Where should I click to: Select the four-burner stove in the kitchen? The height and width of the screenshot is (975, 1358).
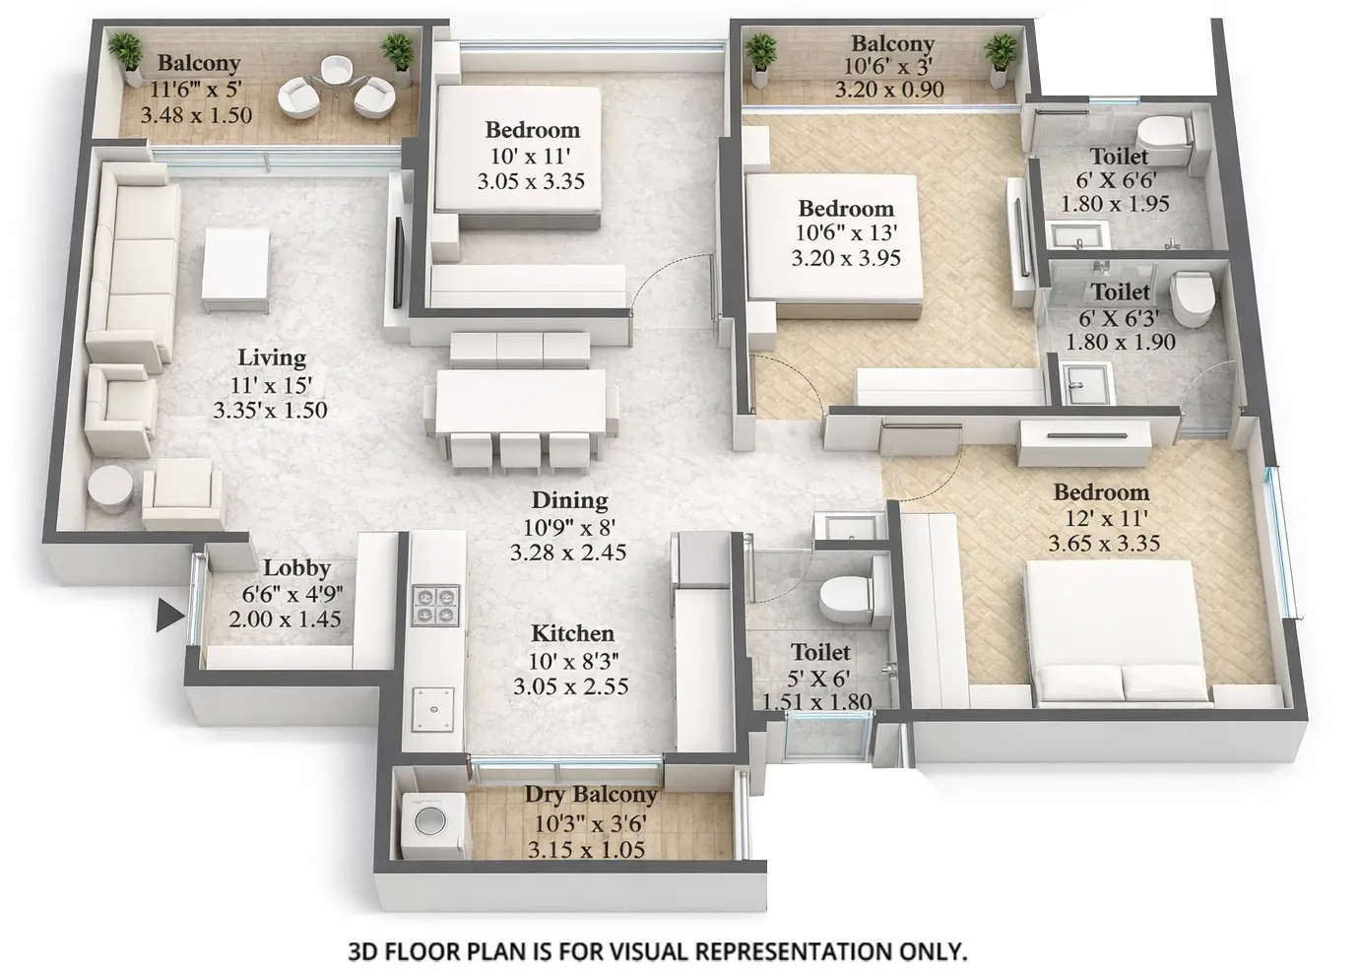click(x=435, y=603)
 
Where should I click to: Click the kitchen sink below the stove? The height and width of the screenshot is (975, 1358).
click(x=434, y=705)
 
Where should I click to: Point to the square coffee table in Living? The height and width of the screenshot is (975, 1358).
click(x=234, y=269)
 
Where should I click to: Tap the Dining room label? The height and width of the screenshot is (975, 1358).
click(x=569, y=500)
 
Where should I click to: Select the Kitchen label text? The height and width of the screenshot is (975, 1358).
click(x=572, y=633)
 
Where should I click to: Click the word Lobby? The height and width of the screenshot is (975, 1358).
click(x=296, y=568)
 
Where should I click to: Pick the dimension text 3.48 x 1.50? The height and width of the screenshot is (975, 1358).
click(x=196, y=115)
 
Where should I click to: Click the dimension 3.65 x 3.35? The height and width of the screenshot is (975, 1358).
click(x=1104, y=544)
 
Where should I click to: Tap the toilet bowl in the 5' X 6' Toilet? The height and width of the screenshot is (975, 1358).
click(x=844, y=595)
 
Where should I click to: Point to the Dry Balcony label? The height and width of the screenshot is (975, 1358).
click(x=589, y=795)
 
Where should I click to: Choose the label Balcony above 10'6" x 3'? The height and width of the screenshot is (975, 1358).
click(x=892, y=43)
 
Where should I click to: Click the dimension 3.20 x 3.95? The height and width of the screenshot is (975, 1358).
click(x=845, y=259)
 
